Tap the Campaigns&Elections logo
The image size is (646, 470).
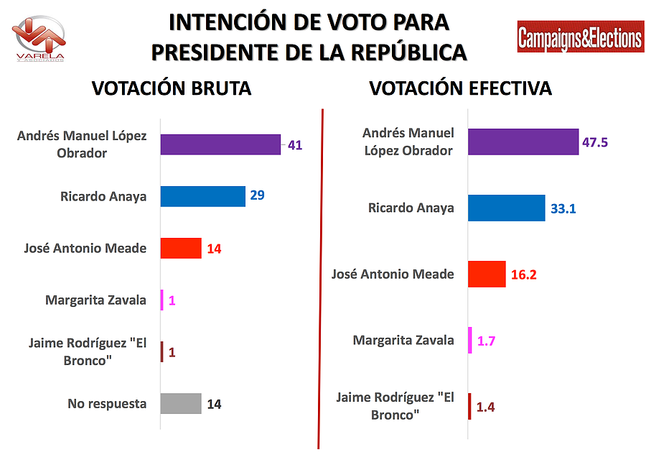click(580, 37)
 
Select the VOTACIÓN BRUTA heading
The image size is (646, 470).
click(172, 88)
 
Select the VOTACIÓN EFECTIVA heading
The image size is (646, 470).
click(460, 88)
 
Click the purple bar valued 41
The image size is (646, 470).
click(220, 144)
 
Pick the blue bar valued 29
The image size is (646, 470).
click(202, 196)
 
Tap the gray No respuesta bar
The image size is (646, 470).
click(181, 404)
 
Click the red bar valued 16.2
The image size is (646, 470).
click(487, 274)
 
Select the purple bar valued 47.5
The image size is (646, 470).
click(523, 142)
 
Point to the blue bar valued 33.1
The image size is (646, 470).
click(506, 208)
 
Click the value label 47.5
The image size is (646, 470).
click(595, 142)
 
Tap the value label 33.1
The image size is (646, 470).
click(562, 208)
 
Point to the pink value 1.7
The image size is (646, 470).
click(487, 341)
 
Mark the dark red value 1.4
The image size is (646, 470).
click(485, 407)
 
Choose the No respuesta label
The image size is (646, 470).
click(107, 404)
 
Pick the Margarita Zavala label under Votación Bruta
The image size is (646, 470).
click(95, 300)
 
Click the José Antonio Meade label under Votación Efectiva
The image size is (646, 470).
click(393, 274)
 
